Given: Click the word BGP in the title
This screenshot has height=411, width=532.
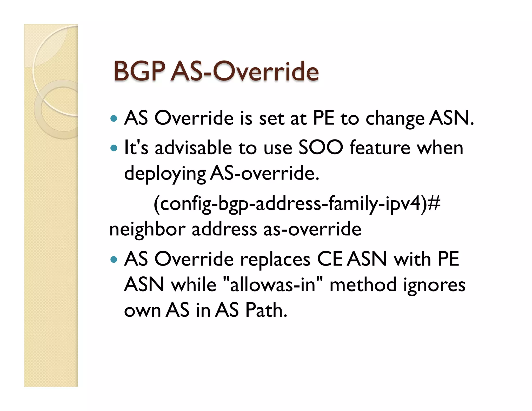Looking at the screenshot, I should [x=139, y=71].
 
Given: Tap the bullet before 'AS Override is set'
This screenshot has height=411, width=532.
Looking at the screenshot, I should [x=114, y=119].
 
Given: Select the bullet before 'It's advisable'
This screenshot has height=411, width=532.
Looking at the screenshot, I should [x=114, y=148].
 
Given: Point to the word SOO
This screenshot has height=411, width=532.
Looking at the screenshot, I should [x=321, y=148].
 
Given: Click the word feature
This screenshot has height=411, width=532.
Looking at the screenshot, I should [x=380, y=148].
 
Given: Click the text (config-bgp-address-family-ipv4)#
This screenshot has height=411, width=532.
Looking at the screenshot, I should [x=297, y=203].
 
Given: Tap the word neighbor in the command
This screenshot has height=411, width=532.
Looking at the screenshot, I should [x=147, y=229].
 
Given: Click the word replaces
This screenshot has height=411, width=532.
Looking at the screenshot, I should [x=275, y=259].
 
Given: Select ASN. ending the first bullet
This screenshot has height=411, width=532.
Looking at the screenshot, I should [x=451, y=118].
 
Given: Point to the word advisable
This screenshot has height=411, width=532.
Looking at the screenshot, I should [x=193, y=148].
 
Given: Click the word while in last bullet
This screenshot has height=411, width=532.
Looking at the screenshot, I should [x=194, y=284].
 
